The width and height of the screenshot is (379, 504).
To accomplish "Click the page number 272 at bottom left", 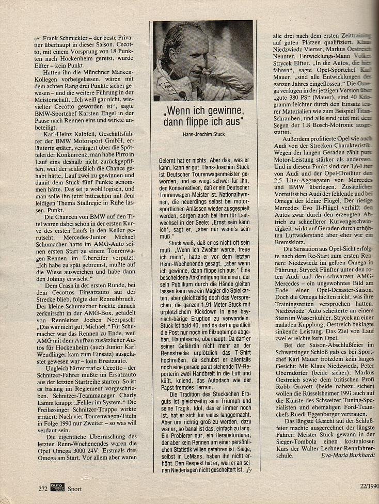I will point(43,488).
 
